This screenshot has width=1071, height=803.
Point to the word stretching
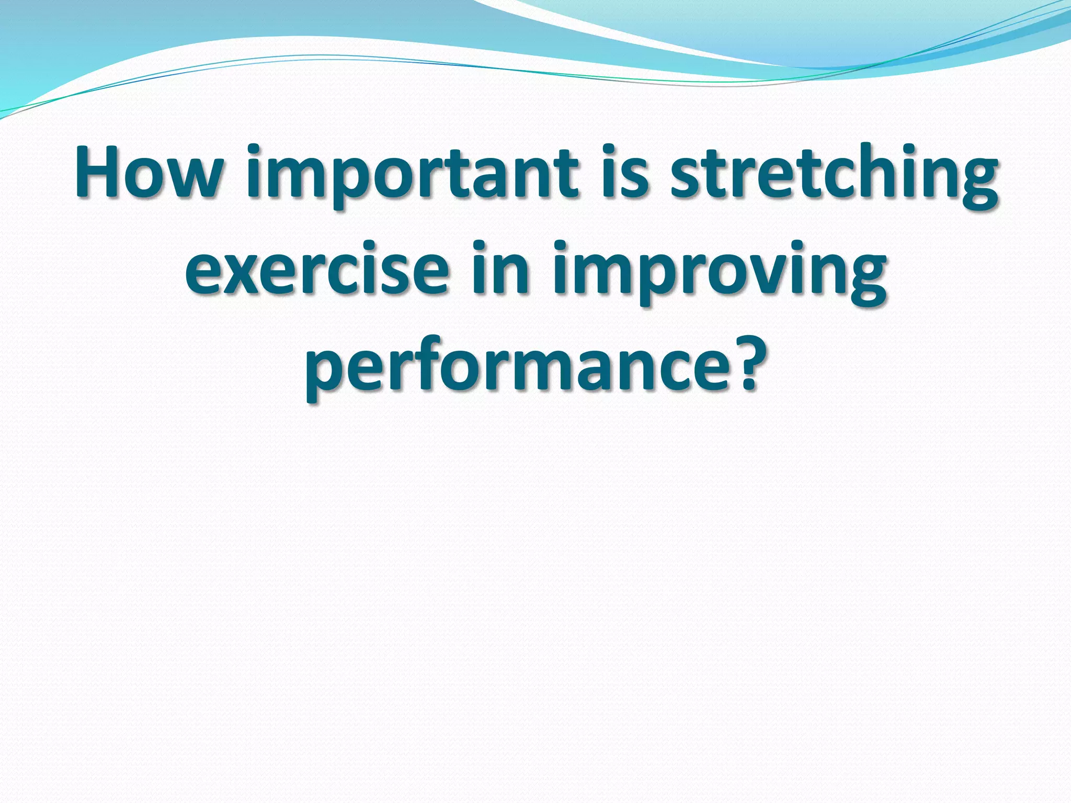click(x=834, y=175)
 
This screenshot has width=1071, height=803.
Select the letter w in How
click(x=193, y=178)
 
